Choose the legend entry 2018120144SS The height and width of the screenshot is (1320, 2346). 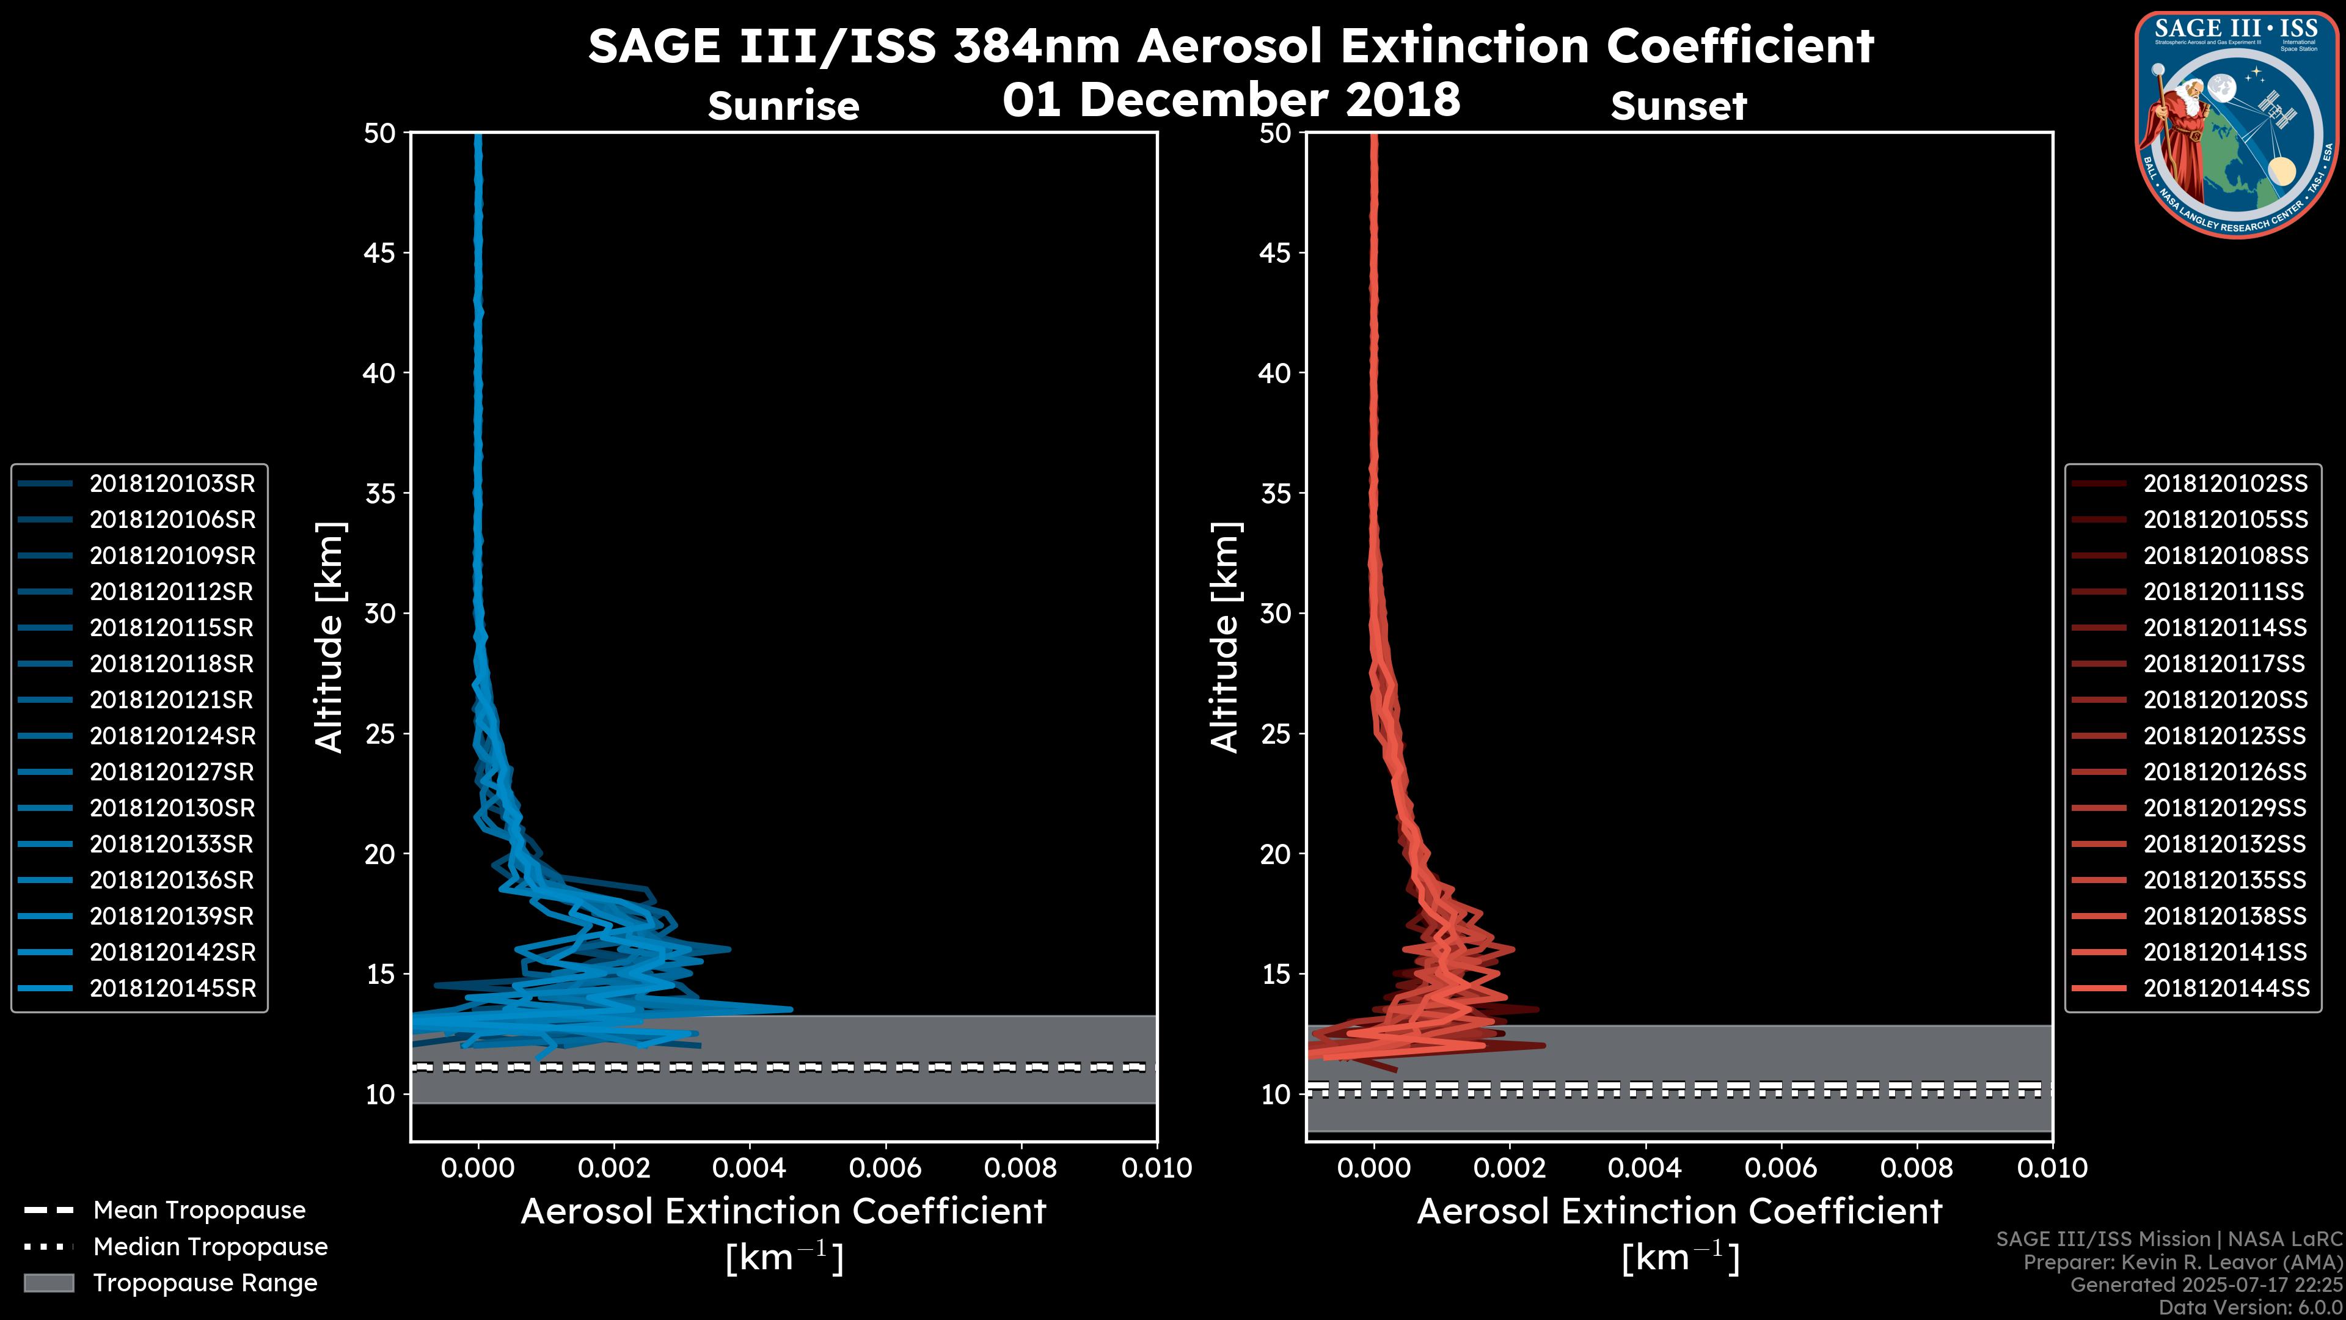pos(2225,988)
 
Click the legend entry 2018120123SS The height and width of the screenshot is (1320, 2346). pos(2225,736)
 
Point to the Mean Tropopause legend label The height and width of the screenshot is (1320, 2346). pos(199,1211)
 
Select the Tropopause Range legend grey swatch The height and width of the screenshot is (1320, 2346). pos(48,1283)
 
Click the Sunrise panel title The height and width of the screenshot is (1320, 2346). pos(783,106)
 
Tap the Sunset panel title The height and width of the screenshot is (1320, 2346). pos(1678,106)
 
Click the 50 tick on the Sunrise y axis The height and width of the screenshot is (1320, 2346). pos(380,133)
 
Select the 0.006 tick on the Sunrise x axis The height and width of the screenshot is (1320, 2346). pos(885,1168)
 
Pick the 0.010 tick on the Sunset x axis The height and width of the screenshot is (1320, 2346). pos(2052,1168)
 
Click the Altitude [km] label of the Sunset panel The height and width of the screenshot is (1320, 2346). pos(1226,637)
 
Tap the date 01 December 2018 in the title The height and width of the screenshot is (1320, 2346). pos(1231,98)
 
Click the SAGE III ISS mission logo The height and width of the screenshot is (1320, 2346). pos(2240,124)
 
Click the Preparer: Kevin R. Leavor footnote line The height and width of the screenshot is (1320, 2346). pos(2182,1263)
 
